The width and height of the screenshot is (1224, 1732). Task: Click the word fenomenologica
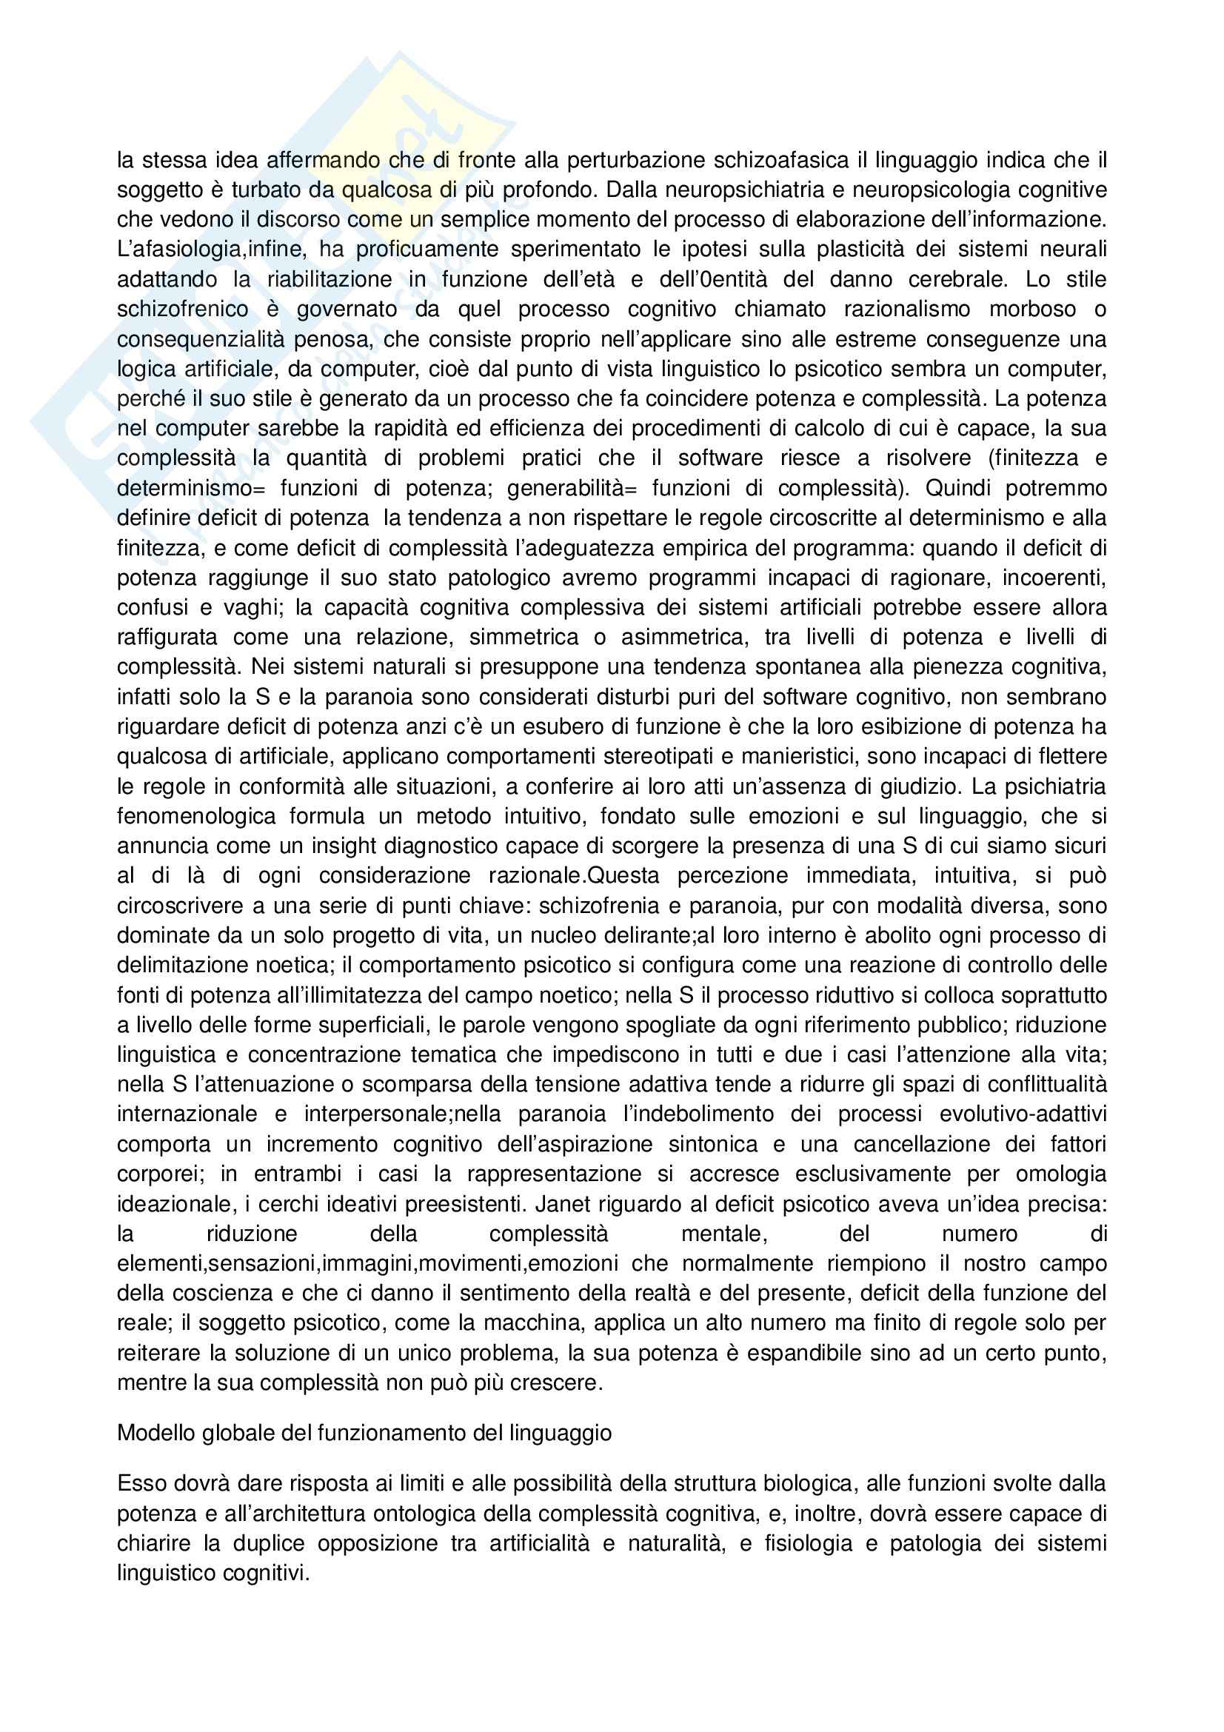(x=198, y=816)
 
